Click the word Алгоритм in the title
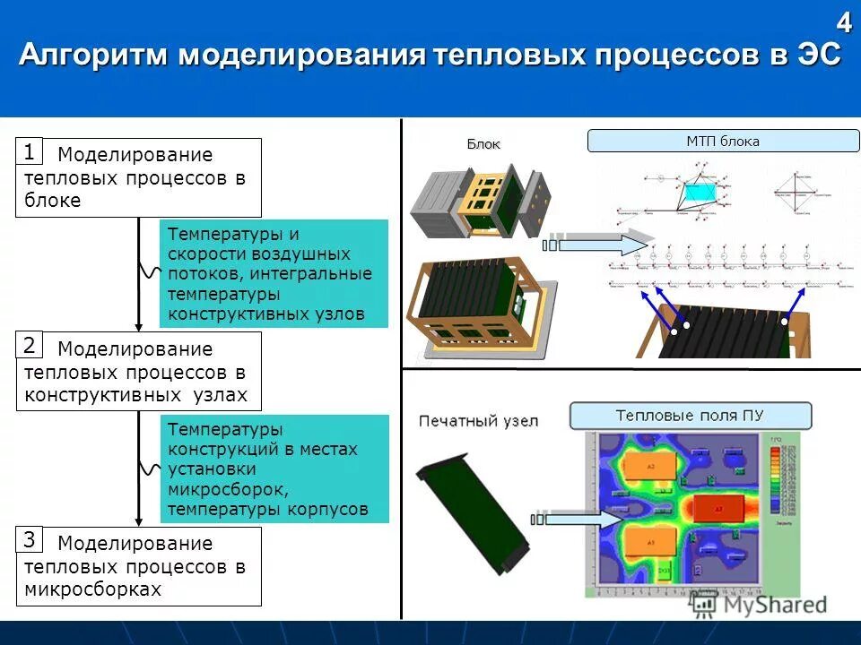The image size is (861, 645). point(94,56)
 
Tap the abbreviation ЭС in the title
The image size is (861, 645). point(818,56)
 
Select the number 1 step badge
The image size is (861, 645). point(30,150)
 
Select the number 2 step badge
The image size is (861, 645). point(30,345)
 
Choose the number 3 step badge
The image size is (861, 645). point(30,539)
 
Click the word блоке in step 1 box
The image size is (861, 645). point(53,201)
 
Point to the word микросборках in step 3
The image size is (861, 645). point(93,589)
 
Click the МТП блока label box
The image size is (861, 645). point(723,142)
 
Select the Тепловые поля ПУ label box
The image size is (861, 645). point(691,416)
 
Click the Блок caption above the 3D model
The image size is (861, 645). point(483,144)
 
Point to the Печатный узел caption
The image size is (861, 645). point(478,420)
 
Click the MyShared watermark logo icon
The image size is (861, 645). point(702,606)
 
